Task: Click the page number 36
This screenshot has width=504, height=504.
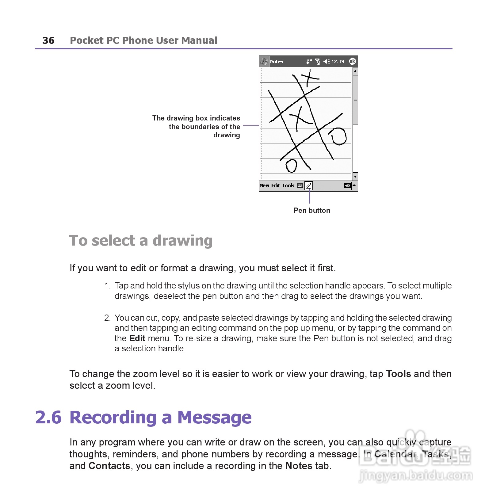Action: coord(48,40)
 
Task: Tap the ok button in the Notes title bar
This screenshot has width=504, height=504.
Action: coord(352,61)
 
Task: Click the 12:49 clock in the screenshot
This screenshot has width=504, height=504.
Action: coord(338,62)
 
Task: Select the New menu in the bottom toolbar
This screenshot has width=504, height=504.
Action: coord(264,185)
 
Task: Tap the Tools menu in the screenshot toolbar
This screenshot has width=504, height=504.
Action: coord(288,185)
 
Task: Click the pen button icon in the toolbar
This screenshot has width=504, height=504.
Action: coord(308,185)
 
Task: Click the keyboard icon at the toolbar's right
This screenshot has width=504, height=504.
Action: coord(347,185)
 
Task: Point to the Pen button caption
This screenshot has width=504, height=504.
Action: coord(312,210)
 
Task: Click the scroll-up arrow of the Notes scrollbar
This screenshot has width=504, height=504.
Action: coord(355,71)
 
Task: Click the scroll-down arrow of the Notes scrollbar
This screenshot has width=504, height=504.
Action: coord(355,177)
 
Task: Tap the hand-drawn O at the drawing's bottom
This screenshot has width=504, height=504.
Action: coord(291,166)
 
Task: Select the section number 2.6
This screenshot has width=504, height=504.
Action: coord(48,418)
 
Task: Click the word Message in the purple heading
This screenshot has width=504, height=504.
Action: coord(214,418)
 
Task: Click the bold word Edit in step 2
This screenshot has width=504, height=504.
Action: coord(137,338)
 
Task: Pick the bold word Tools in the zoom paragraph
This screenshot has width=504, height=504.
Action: coord(398,374)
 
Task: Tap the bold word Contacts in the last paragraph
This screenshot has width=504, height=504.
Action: coord(109,466)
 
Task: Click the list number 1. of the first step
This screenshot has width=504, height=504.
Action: coord(107,286)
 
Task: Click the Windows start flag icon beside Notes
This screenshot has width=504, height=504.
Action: coord(264,62)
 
